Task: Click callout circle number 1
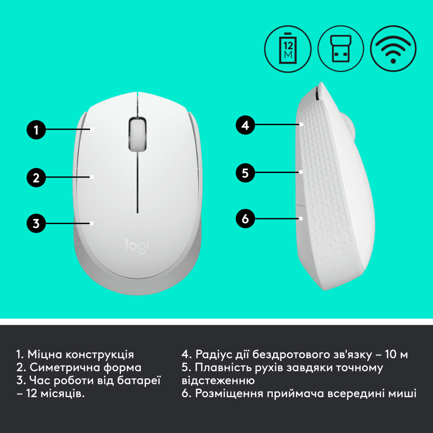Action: click(x=37, y=129)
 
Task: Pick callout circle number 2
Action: click(x=37, y=177)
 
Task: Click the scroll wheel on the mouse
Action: click(x=137, y=134)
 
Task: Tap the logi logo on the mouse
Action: click(x=137, y=246)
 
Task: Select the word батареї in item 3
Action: click(x=139, y=381)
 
